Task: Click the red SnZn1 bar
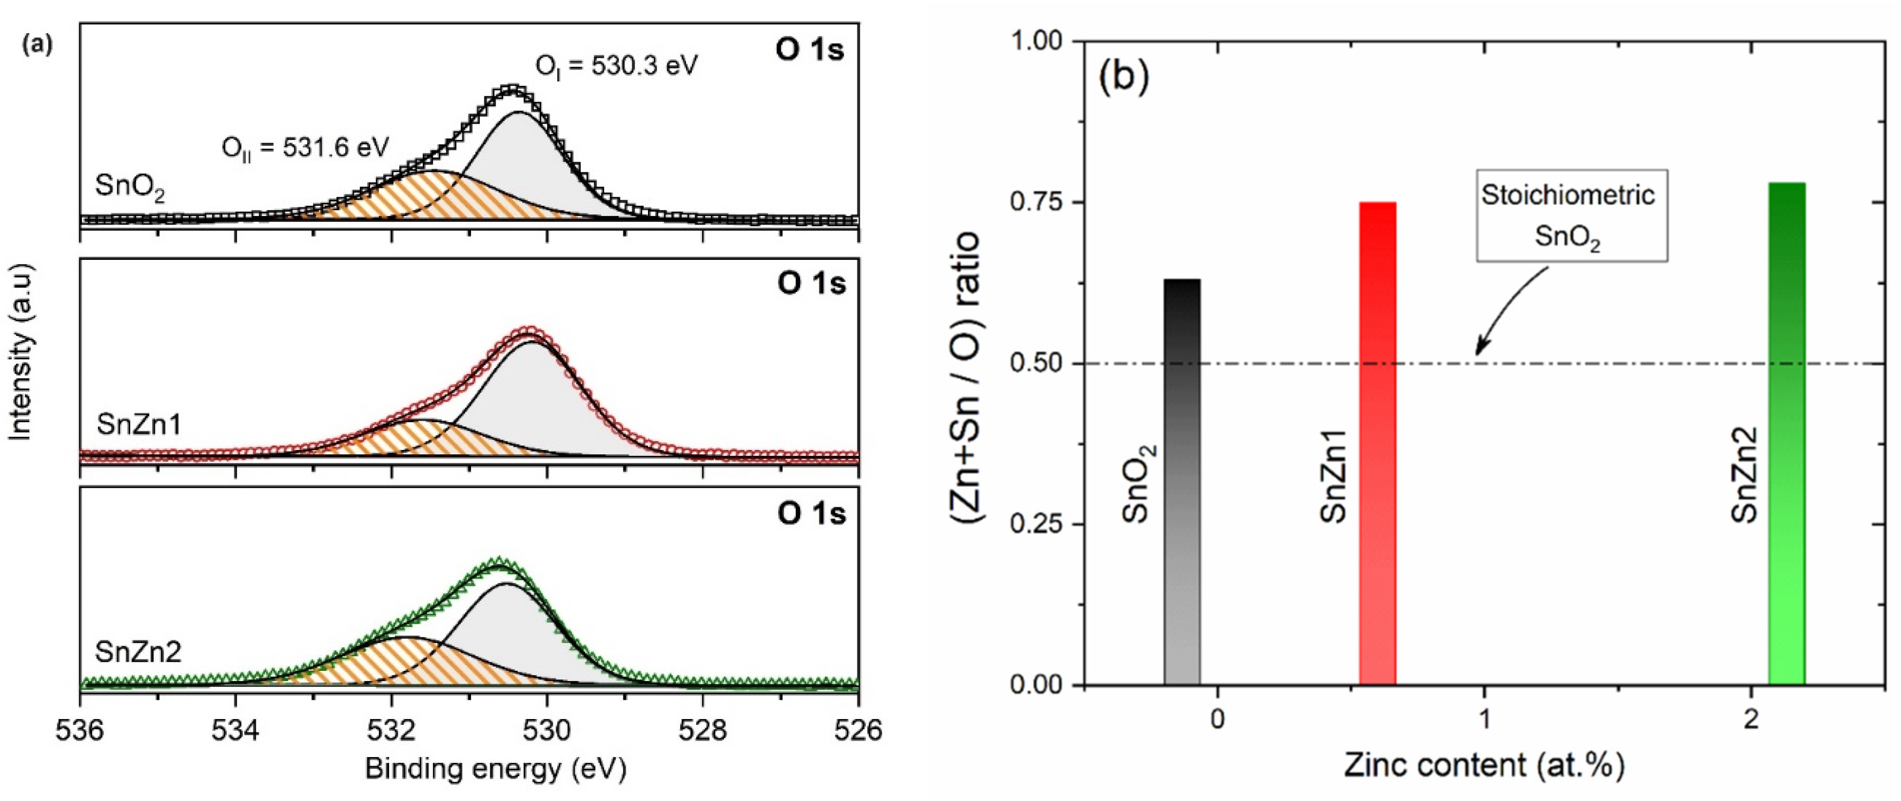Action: pyautogui.click(x=1377, y=443)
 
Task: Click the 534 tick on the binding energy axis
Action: pyautogui.click(x=235, y=730)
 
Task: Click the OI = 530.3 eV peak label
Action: pyautogui.click(x=616, y=66)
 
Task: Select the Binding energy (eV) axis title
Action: pyautogui.click(x=495, y=769)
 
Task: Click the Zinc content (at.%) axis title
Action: pyautogui.click(x=1483, y=766)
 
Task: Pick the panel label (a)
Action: pyautogui.click(x=38, y=46)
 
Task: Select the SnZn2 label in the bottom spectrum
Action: pyautogui.click(x=138, y=652)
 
